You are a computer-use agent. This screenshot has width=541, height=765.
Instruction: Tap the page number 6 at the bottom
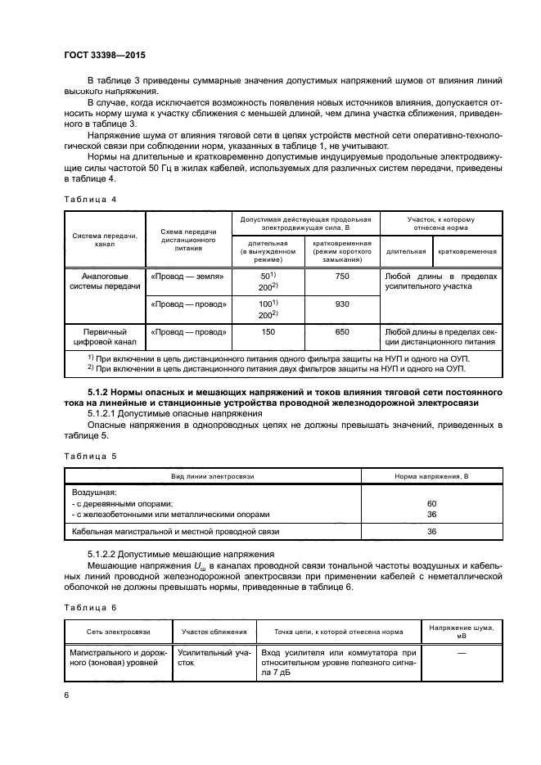tap(66, 695)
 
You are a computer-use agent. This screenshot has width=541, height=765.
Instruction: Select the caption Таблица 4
tap(91, 199)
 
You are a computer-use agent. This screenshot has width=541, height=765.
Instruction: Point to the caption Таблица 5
tap(91, 455)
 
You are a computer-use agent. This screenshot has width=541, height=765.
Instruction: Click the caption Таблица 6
tap(91, 607)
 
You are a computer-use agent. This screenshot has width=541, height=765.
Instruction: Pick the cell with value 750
tap(342, 277)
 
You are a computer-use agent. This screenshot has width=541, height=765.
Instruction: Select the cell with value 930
tap(342, 304)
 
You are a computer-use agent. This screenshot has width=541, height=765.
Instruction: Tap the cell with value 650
tap(342, 332)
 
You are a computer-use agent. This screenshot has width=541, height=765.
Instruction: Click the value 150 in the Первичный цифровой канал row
tap(267, 332)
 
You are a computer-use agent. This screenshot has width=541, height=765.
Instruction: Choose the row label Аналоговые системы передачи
tap(105, 282)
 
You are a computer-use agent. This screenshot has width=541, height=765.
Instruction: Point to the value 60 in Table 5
tap(432, 503)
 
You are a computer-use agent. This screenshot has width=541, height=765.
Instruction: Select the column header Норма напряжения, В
tap(432, 476)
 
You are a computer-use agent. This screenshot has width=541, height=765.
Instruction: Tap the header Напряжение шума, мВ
tap(460, 632)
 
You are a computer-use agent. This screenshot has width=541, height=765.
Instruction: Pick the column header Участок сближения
tap(214, 632)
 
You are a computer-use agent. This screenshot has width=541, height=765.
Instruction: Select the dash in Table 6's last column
tap(460, 653)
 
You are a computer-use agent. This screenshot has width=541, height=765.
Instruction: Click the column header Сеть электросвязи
tap(118, 632)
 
